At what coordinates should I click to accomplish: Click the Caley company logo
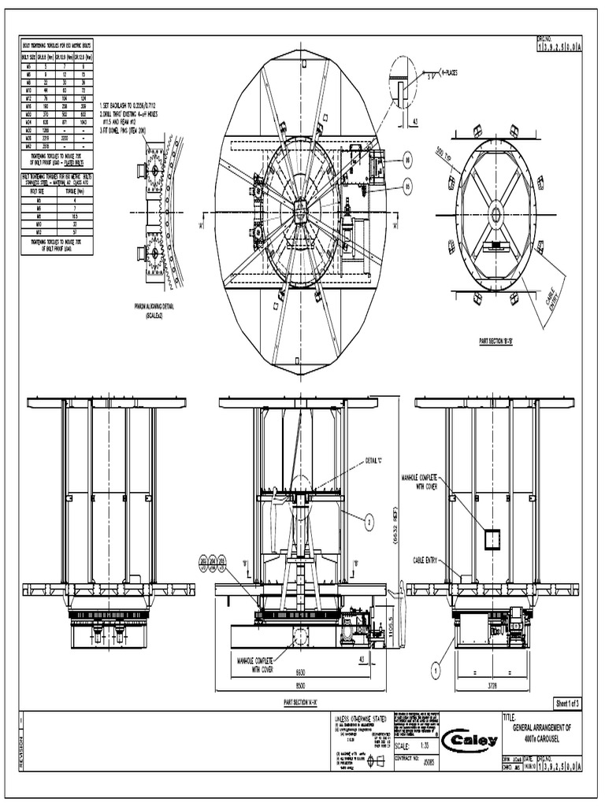pyautogui.click(x=472, y=741)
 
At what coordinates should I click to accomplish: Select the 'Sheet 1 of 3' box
pyautogui.click(x=567, y=702)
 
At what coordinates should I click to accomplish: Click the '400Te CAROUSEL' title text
pyautogui.click(x=547, y=738)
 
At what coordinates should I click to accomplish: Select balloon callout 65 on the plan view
pyautogui.click(x=407, y=186)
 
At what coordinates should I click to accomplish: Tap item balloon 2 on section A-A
pyautogui.click(x=367, y=519)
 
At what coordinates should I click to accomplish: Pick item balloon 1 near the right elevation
pyautogui.click(x=435, y=671)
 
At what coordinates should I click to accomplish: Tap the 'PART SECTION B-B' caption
pyautogui.click(x=496, y=342)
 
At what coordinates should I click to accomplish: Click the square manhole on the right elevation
pyautogui.click(x=493, y=538)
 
